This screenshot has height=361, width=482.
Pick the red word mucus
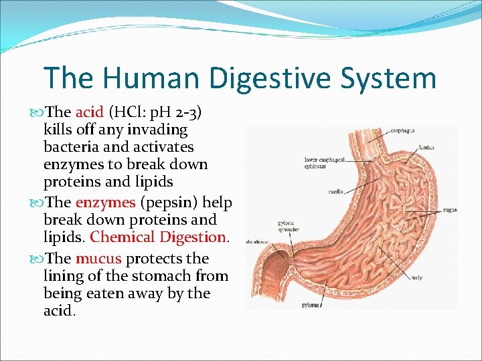(x=98, y=258)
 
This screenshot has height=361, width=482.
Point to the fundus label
(x=426, y=147)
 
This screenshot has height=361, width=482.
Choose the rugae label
(x=450, y=209)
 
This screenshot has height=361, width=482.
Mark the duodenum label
(x=257, y=241)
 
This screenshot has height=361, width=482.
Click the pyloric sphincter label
(x=289, y=225)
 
